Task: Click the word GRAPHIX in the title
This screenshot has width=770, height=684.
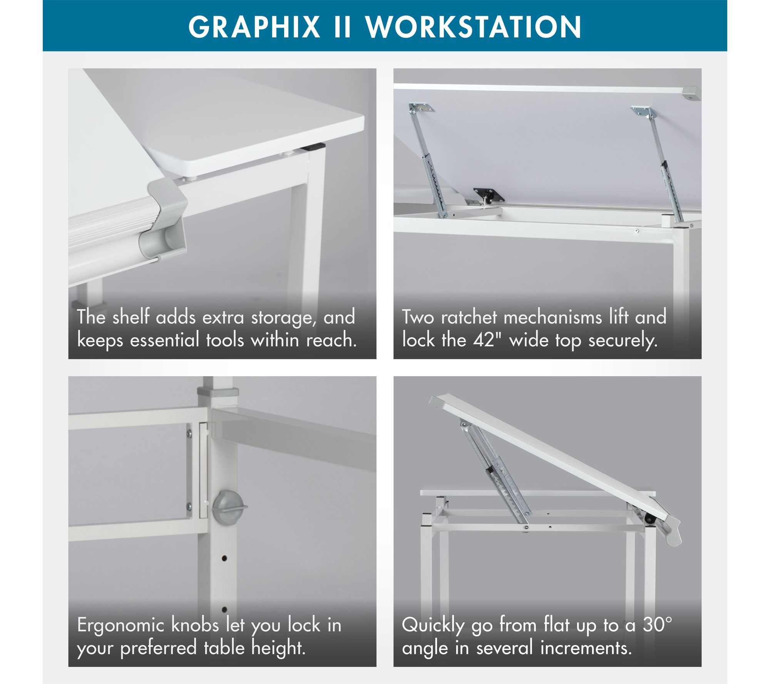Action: (254, 27)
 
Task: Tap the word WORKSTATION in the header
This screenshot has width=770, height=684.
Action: (473, 27)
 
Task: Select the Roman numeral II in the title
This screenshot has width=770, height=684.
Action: (342, 27)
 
